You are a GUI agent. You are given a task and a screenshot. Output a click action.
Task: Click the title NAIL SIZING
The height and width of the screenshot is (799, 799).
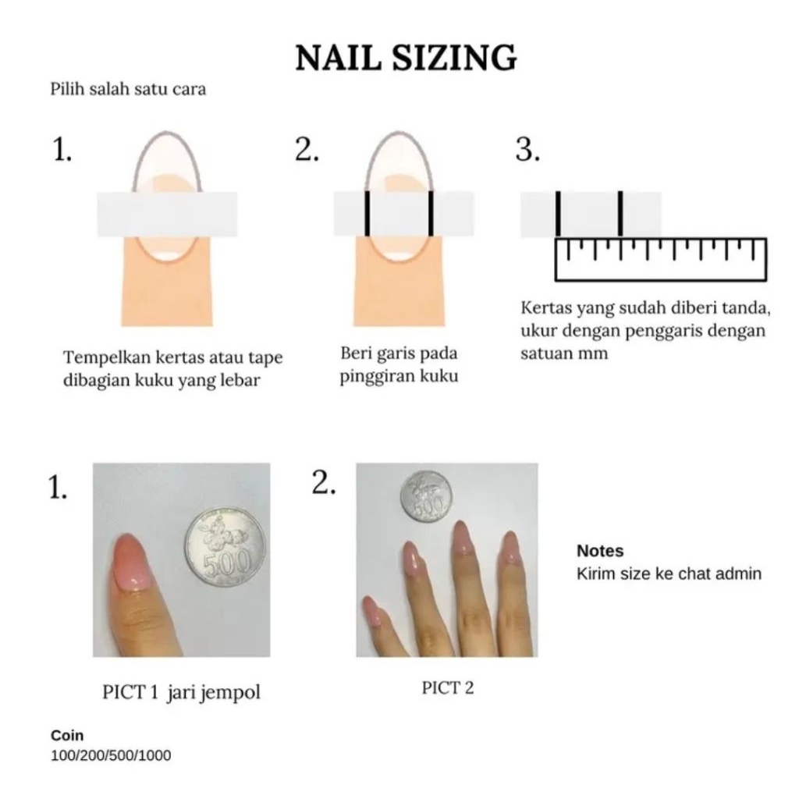[406, 57]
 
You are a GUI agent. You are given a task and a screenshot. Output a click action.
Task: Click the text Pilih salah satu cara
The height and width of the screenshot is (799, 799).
[128, 89]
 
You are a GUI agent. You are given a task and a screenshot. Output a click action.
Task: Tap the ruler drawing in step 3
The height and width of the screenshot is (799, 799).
[660, 259]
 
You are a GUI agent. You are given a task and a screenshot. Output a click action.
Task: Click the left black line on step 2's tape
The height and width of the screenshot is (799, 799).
[368, 214]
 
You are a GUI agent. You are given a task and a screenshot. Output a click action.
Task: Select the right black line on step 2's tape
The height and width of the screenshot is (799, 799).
[431, 214]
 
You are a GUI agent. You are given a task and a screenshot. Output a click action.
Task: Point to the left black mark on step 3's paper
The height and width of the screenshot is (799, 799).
[559, 214]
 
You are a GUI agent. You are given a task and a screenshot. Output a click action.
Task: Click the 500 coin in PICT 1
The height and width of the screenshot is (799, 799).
[225, 546]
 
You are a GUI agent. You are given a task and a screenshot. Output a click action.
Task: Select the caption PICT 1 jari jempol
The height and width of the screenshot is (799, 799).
[181, 692]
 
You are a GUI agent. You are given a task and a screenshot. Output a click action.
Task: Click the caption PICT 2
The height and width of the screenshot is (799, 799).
[447, 688]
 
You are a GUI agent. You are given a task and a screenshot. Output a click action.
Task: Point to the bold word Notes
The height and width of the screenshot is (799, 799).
[600, 551]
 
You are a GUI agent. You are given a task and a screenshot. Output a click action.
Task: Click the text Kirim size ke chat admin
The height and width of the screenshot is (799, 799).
[669, 574]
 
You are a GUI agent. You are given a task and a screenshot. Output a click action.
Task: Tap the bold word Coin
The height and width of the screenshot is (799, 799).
[67, 735]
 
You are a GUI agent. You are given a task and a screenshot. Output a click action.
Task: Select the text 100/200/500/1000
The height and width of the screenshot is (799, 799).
[111, 755]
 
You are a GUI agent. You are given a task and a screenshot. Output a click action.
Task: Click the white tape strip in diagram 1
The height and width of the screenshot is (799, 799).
[167, 214]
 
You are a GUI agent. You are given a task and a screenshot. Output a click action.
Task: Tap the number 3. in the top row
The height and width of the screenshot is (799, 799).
[527, 150]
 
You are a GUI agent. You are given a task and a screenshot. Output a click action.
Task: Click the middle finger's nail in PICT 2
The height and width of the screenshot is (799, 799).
[462, 538]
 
